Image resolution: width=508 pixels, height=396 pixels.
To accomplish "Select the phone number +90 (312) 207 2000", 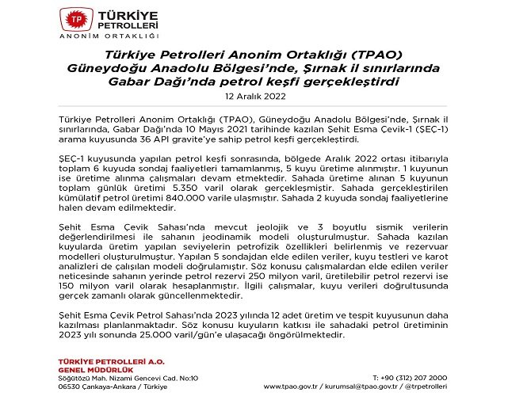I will point(410,377).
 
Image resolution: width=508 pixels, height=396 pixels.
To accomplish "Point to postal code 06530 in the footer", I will point(72,386).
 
